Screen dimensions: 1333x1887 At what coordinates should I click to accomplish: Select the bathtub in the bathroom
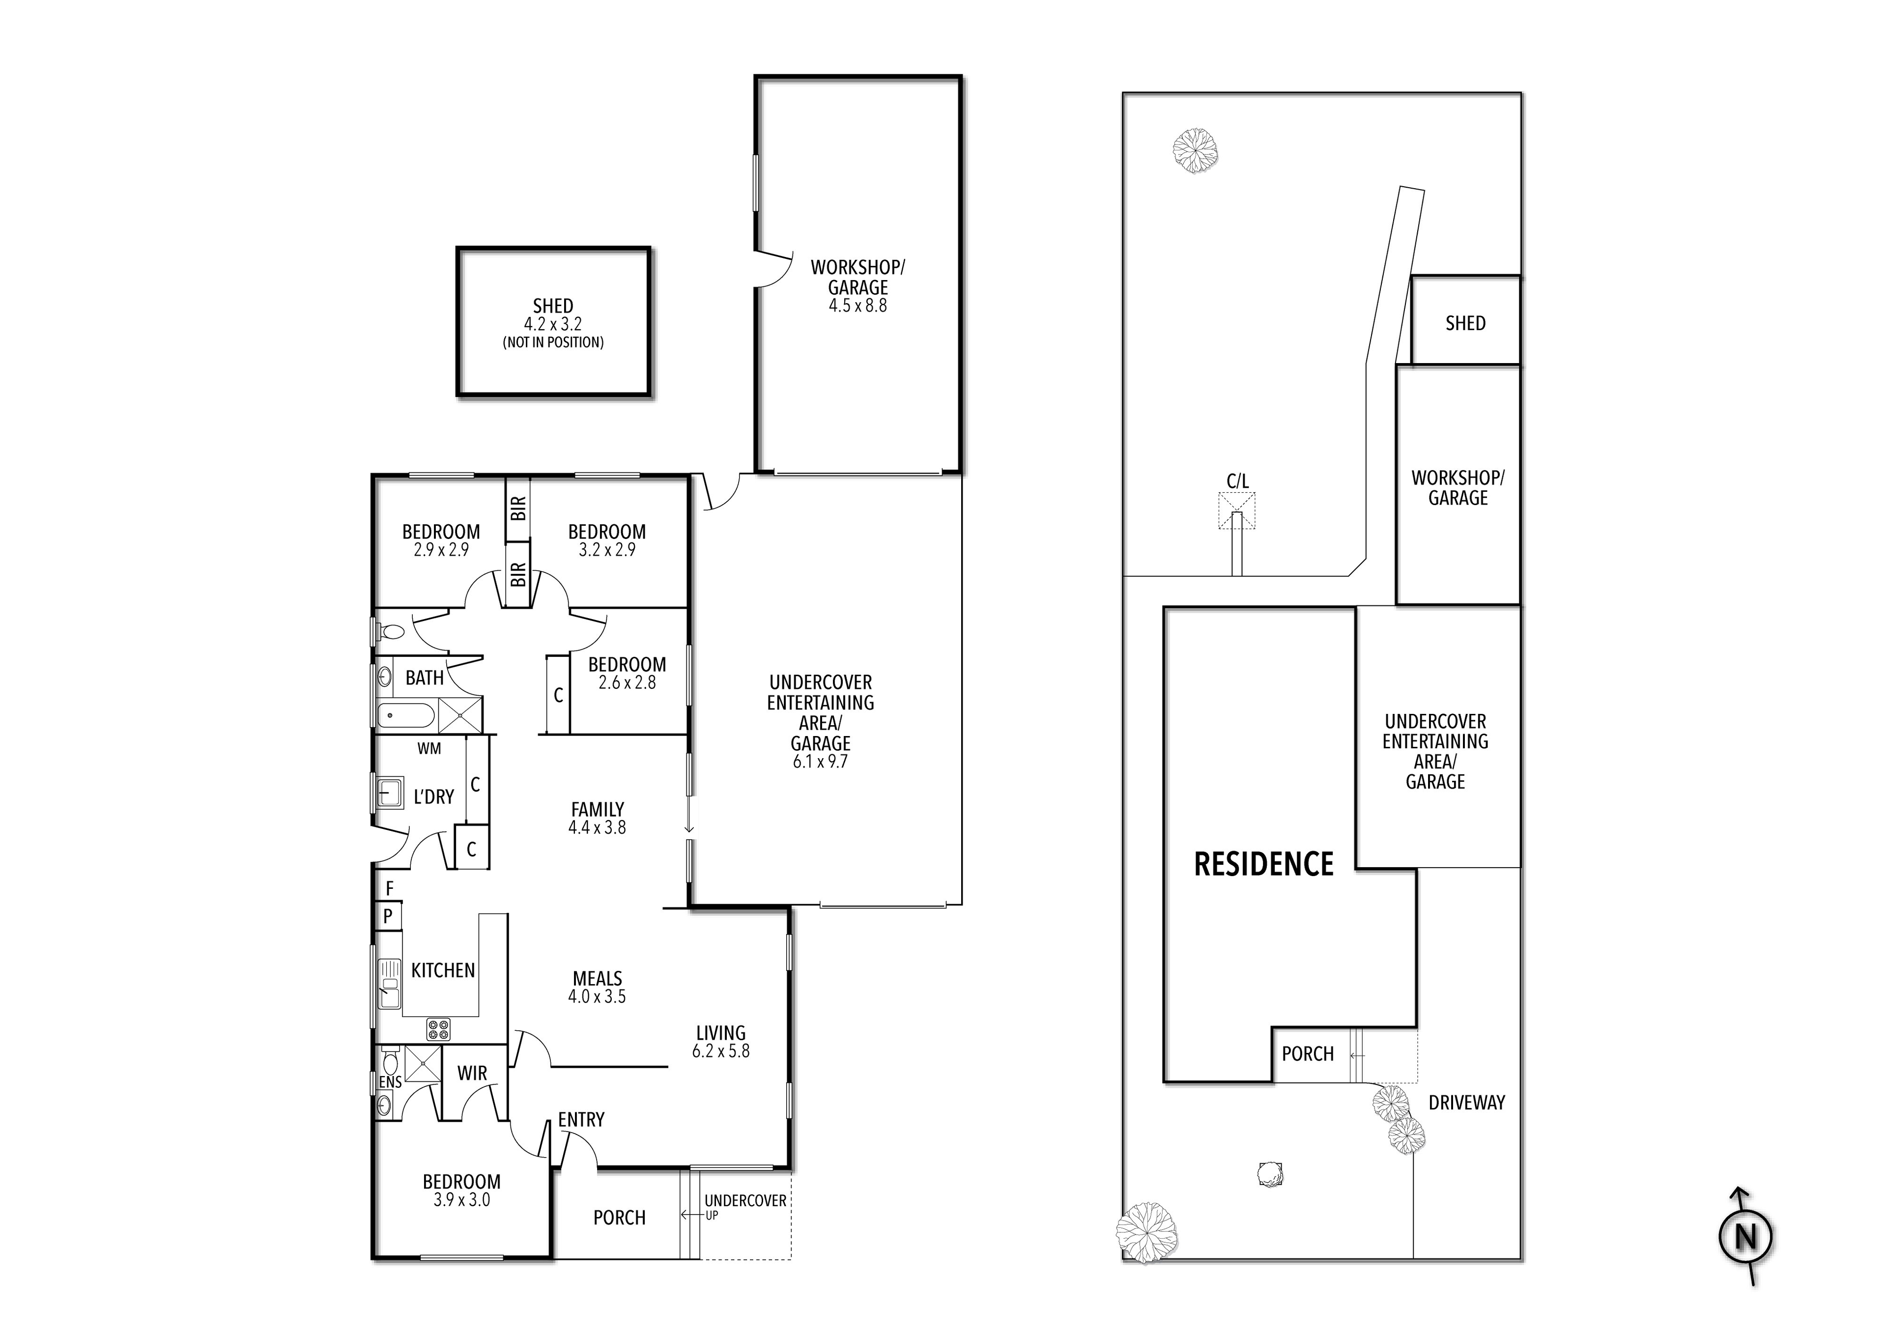coord(405,715)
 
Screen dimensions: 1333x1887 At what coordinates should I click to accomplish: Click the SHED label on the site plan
coord(1465,323)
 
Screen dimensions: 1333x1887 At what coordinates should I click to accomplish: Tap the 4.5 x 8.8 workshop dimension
coord(857,306)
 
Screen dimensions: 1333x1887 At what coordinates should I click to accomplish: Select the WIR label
coord(472,1073)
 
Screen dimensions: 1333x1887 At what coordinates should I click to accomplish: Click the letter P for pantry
coord(388,915)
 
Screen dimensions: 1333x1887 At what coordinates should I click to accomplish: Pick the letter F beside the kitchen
coord(390,888)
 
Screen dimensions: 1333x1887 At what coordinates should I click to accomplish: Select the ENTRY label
coord(581,1119)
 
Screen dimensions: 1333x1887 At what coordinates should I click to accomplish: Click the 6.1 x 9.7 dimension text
coord(819,762)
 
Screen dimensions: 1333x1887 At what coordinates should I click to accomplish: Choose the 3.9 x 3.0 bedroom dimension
coord(461,1200)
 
